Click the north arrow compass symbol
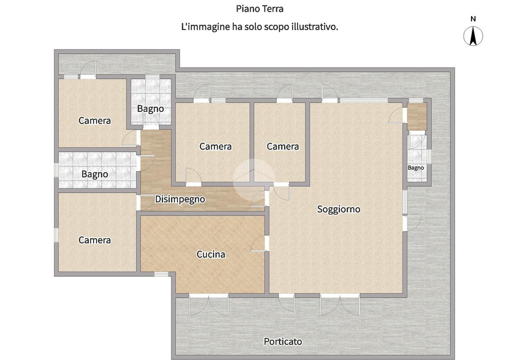pos(473,36)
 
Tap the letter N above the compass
pos(473,19)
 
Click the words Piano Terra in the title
pos(260,9)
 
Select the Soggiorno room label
pos(339,209)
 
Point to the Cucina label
pos(211,254)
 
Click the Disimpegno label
pos(180,199)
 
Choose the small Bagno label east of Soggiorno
pos(416,168)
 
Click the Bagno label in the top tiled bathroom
pos(151,109)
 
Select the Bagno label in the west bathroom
pos(95,174)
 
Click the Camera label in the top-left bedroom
pos(94,120)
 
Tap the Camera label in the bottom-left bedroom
pos(94,240)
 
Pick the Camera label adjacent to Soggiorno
pos(283,146)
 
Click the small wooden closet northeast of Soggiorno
pos(417,116)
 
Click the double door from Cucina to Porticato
pos(209,305)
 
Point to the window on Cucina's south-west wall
pos(161,274)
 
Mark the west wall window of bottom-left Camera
pos(56,235)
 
